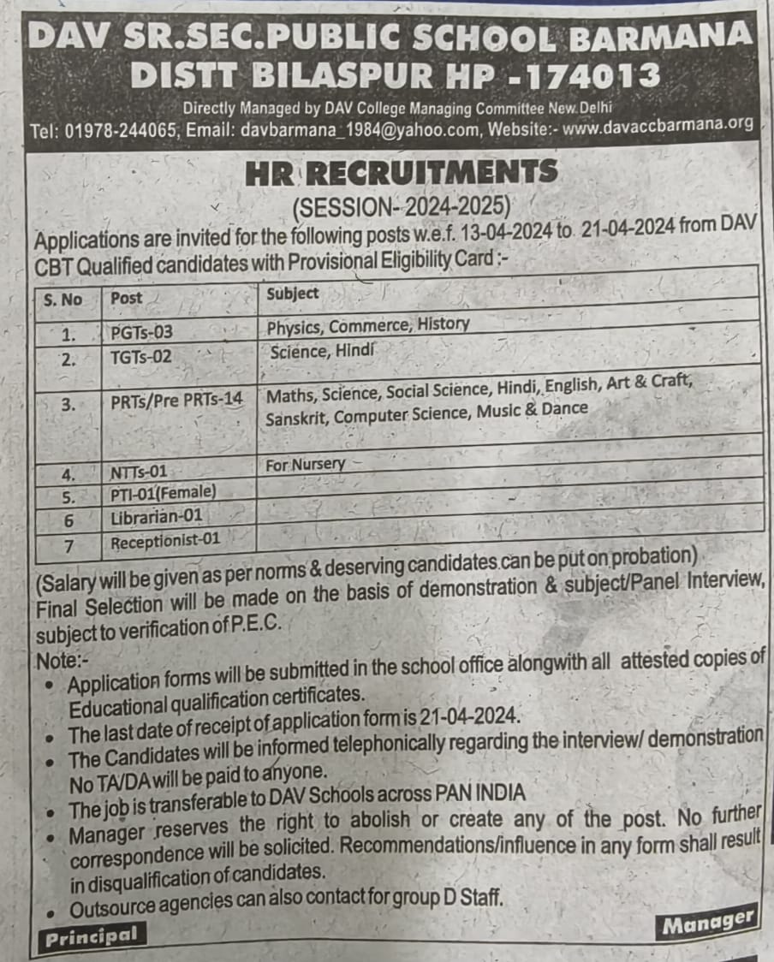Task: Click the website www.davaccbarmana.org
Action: (x=658, y=124)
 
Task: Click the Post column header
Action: (x=127, y=299)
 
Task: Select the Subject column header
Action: (x=293, y=294)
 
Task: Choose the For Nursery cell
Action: (x=305, y=464)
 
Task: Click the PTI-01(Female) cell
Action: (x=163, y=493)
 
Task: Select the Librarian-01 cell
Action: (x=157, y=517)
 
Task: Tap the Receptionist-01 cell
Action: (x=166, y=540)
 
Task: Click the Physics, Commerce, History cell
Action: (x=368, y=325)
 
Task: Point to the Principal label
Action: (x=92, y=936)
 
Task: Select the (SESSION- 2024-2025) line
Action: (x=401, y=206)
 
